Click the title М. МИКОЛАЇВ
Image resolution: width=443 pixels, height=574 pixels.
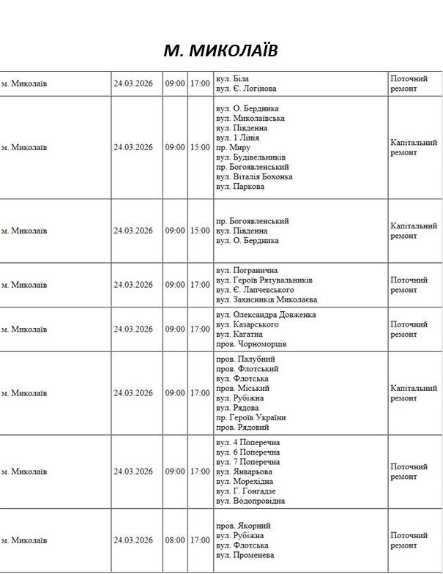(220, 50)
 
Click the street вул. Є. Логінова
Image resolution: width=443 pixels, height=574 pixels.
(246, 89)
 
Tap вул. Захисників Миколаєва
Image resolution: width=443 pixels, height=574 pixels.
(267, 300)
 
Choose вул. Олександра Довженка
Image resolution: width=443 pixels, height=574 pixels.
(266, 315)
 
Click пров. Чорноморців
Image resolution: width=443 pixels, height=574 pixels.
(251, 344)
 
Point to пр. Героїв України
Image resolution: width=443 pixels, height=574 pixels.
(250, 418)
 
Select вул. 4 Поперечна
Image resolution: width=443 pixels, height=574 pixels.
(248, 442)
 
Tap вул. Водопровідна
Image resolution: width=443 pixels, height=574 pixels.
(250, 502)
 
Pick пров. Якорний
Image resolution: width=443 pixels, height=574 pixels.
(243, 526)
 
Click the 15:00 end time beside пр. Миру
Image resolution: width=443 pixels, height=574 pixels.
(199, 147)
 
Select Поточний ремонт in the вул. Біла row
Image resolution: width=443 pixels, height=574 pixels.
(409, 83)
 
